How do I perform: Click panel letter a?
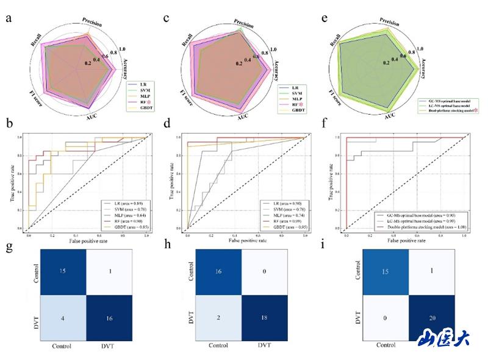click(x=9, y=17)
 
